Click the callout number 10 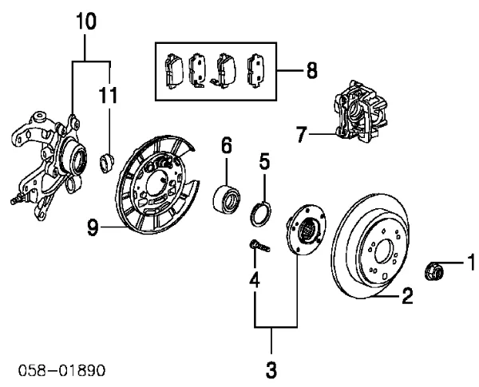coord(86,22)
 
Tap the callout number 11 coord(108,95)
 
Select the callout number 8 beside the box coord(311,70)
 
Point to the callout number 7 coord(301,135)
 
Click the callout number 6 coord(226,145)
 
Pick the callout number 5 coord(264,161)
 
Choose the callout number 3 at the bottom coord(271,369)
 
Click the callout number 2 coord(407,296)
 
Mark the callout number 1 coord(471,262)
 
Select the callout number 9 coord(93,228)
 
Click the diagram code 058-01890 coord(61,370)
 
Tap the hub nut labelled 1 coord(433,271)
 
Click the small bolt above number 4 coord(259,246)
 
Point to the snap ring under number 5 coord(260,214)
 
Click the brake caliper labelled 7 coord(361,111)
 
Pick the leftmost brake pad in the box coord(173,71)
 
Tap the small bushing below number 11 coord(107,163)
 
